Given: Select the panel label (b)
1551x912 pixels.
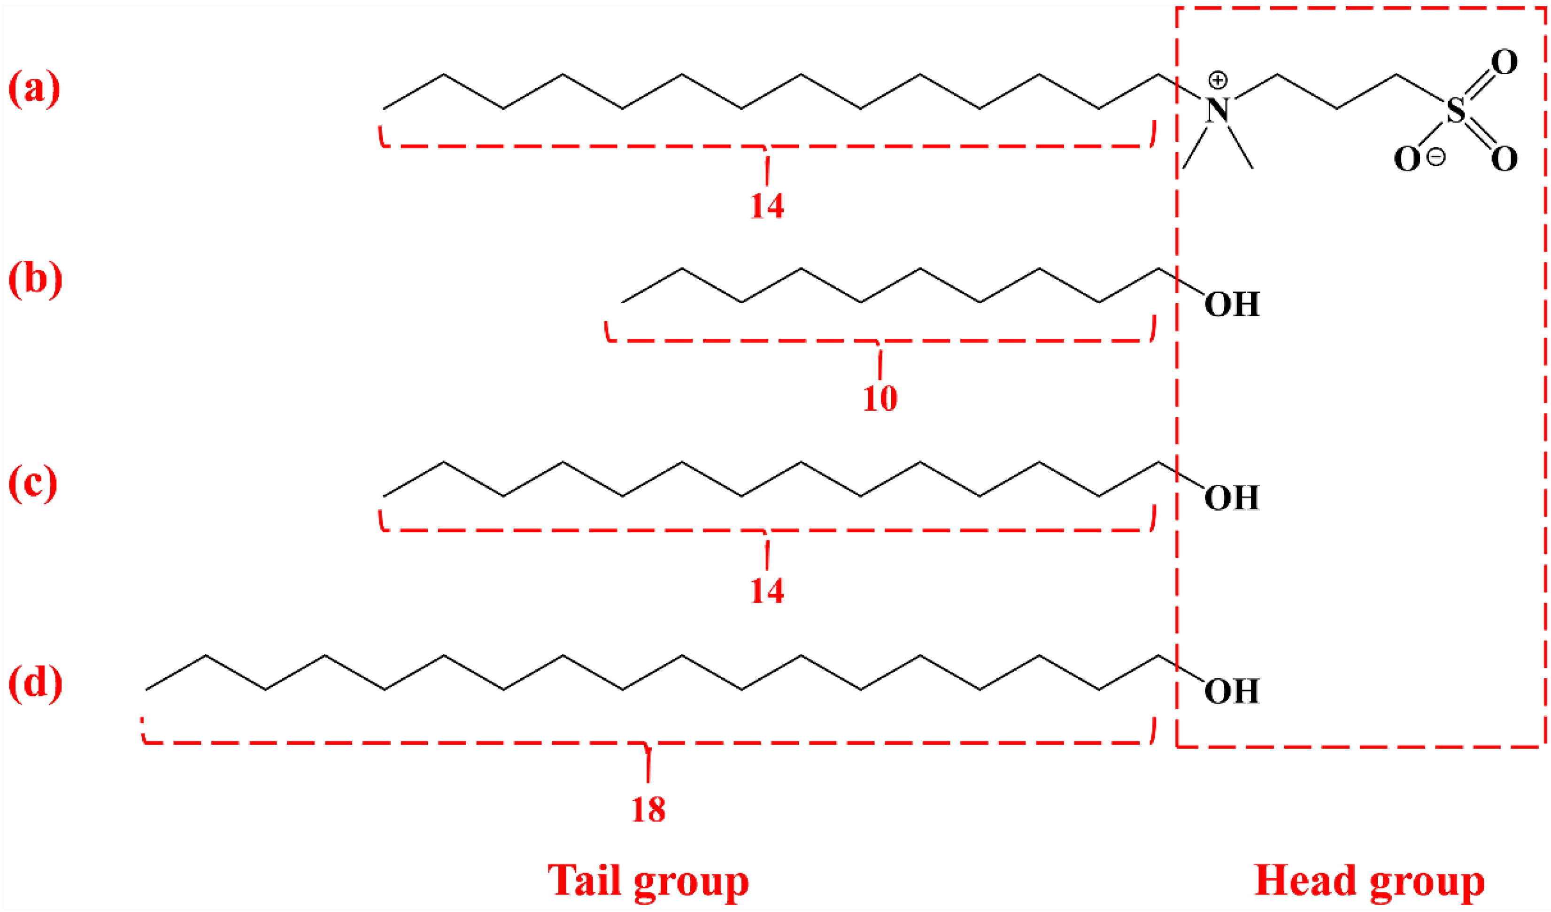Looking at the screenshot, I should click(x=35, y=280).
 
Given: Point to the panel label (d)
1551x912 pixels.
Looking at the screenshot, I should click(x=35, y=683).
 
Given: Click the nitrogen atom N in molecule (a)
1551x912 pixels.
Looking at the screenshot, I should click(x=1217, y=111).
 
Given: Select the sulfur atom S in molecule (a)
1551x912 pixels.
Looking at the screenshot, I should click(x=1456, y=111).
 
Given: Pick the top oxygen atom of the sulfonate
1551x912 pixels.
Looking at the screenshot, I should click(x=1504, y=62).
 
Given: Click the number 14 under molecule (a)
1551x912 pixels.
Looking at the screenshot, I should click(x=767, y=206).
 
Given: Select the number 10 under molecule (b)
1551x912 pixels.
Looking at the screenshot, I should click(x=880, y=399).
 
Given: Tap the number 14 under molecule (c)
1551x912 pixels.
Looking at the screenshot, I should click(x=767, y=591).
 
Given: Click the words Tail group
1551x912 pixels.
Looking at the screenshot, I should click(x=648, y=881).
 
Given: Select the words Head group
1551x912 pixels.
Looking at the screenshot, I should click(x=1369, y=881).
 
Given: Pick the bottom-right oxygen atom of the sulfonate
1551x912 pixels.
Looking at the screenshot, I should click(x=1504, y=160).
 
